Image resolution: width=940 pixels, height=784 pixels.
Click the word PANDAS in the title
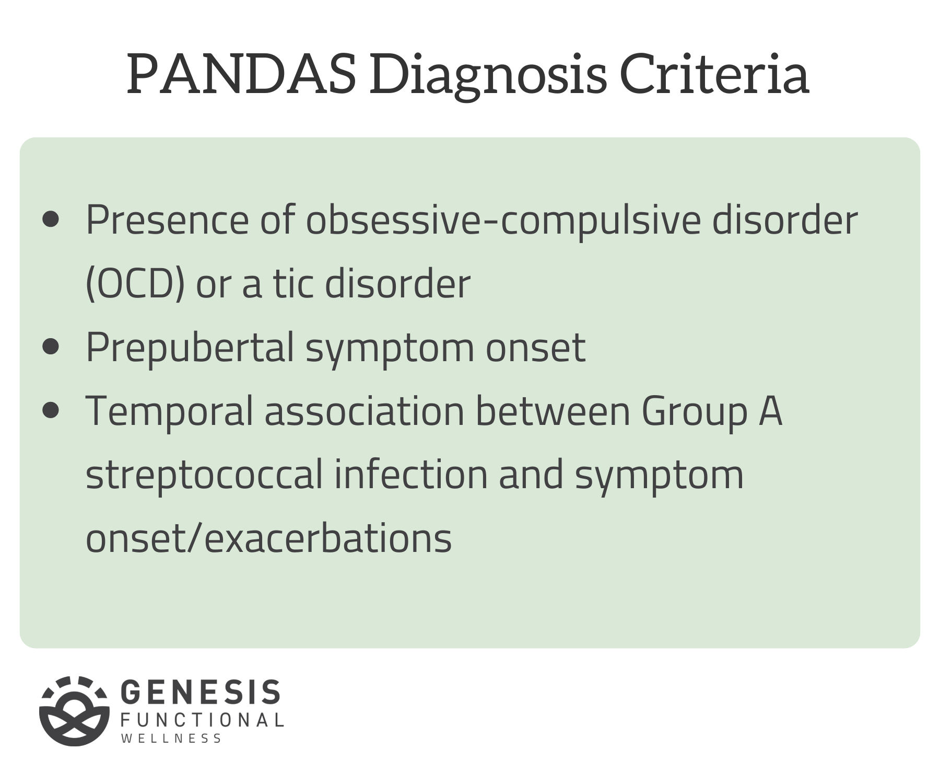point(241,74)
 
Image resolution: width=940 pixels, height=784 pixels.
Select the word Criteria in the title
point(714,74)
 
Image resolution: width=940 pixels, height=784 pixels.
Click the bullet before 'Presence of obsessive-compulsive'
point(51,220)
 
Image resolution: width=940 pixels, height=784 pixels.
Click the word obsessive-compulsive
point(503,221)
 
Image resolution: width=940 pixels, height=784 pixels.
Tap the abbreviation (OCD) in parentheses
point(135,284)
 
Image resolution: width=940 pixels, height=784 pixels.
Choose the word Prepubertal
point(190,348)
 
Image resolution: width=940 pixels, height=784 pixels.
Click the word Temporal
point(169,411)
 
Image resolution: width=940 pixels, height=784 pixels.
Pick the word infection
point(411,475)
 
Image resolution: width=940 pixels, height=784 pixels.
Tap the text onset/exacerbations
point(268,538)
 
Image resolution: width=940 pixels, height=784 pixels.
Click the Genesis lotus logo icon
point(74,710)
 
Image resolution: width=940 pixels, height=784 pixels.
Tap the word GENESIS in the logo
point(201,693)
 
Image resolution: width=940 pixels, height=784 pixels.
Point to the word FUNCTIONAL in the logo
point(202,720)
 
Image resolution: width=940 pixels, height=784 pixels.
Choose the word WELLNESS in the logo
point(171,739)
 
